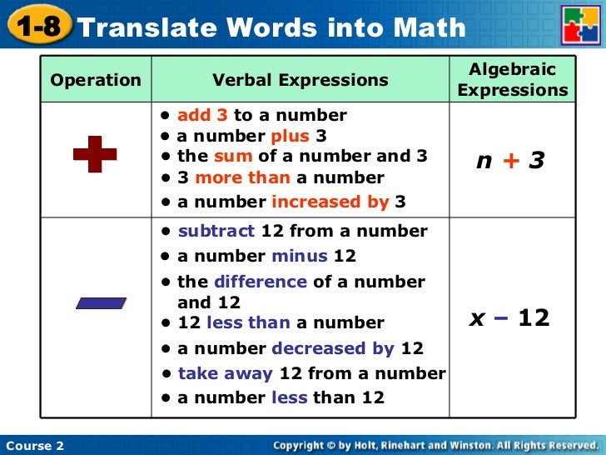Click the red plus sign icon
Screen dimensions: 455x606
click(x=95, y=155)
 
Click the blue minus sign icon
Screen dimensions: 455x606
click(x=100, y=303)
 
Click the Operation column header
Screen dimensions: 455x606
click(x=96, y=81)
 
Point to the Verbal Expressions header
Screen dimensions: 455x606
click(x=300, y=81)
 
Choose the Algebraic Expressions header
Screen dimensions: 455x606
click(x=512, y=80)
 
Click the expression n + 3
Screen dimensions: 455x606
click(x=510, y=160)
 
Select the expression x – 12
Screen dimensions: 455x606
click(x=509, y=317)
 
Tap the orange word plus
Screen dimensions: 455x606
click(x=290, y=136)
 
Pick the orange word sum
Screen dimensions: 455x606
click(x=233, y=156)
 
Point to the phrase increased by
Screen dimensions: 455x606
click(x=330, y=201)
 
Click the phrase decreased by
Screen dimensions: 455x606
click(x=333, y=348)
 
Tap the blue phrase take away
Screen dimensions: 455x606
click(x=226, y=373)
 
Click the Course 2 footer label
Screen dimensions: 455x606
click(x=35, y=446)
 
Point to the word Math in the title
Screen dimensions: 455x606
click(x=425, y=27)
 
